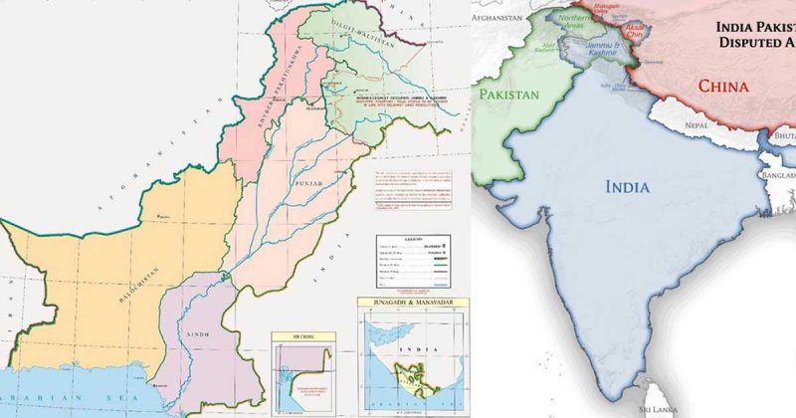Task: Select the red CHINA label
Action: pyautogui.click(x=722, y=86)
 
